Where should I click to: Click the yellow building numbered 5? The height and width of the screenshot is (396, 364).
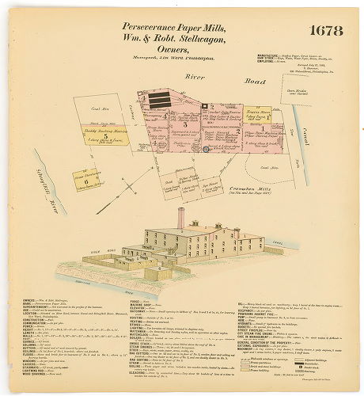tap(105, 136)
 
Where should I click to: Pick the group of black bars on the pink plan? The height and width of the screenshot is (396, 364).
tap(161, 99)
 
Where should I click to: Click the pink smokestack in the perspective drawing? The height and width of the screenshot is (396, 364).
tap(180, 218)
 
